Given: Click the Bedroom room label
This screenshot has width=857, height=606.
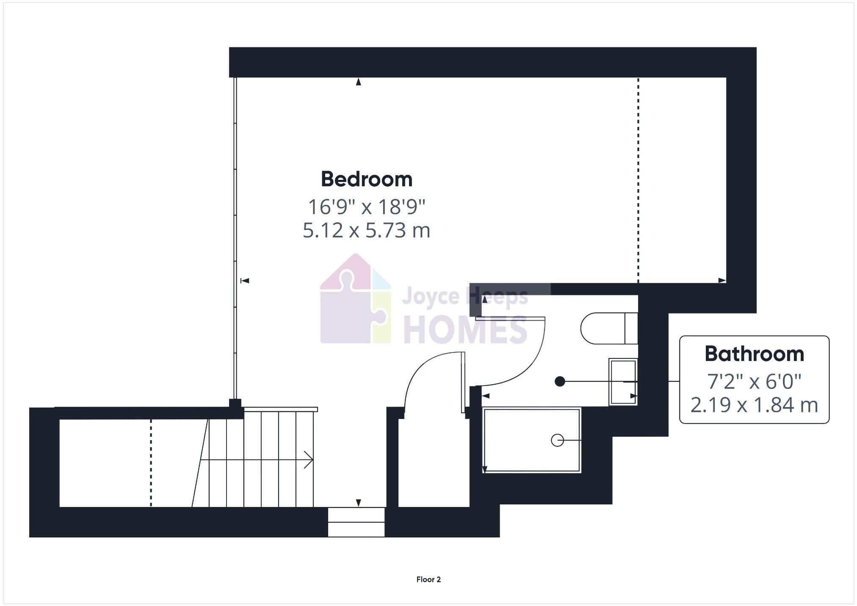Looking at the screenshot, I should point(366,179).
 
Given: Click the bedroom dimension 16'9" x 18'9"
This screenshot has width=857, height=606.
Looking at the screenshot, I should point(366,207).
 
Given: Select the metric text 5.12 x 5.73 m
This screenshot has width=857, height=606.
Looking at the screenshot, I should point(366,231).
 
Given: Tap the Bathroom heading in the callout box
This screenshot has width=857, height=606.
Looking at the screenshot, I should point(754,354).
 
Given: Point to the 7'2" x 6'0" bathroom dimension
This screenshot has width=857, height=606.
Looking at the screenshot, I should point(754,381).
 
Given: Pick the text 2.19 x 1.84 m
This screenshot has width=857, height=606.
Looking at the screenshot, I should point(754,405).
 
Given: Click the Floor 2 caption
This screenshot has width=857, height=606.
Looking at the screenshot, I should point(428,579).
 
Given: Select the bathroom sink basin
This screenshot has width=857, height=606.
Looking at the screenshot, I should point(623,382).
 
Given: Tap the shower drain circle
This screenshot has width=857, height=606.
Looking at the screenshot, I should point(557,441).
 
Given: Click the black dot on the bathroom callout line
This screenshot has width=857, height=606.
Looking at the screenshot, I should point(560,382).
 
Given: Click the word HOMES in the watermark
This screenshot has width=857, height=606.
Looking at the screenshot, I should point(465,330).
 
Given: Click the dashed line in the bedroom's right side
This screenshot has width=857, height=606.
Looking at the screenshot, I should point(639,178).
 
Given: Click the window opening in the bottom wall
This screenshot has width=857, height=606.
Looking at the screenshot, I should point(356,522).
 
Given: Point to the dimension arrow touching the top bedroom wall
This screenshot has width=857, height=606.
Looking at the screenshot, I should point(359,82).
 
